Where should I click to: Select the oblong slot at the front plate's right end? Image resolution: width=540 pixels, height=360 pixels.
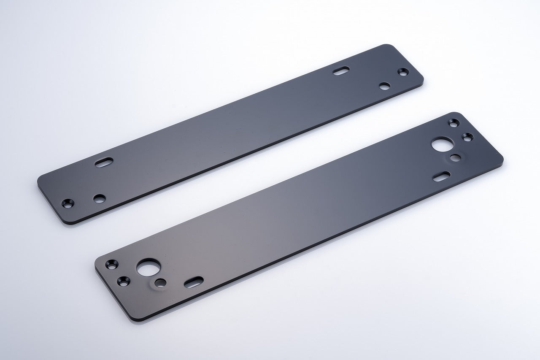click(x=442, y=176)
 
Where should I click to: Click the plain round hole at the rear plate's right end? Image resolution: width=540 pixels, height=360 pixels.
click(x=384, y=86)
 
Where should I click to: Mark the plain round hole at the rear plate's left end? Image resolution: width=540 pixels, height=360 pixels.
click(x=100, y=198)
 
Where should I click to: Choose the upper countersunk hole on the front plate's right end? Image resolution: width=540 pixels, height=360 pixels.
click(x=454, y=123)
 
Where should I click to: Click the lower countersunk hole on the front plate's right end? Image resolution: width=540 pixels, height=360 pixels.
click(x=467, y=136)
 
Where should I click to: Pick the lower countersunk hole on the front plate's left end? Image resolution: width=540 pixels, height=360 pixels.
click(x=124, y=280)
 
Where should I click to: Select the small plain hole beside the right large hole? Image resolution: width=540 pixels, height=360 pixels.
click(x=455, y=158)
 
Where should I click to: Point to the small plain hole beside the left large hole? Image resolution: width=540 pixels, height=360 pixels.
click(x=160, y=282)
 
